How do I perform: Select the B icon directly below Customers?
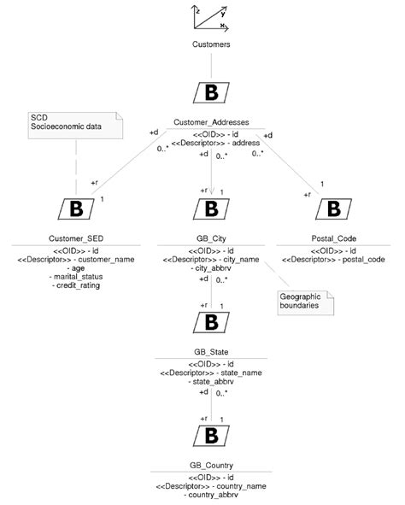(210, 91)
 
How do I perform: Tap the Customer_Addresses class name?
(211, 123)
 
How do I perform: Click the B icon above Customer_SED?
(75, 207)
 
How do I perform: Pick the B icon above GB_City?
(211, 207)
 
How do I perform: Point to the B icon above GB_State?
(211, 321)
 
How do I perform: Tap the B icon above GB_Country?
(211, 435)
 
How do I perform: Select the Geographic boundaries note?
(304, 301)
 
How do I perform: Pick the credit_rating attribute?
(75, 285)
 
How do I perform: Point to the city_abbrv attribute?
(211, 268)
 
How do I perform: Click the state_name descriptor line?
(211, 373)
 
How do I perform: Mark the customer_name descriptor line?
(75, 259)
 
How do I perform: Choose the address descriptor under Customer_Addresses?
(211, 142)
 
